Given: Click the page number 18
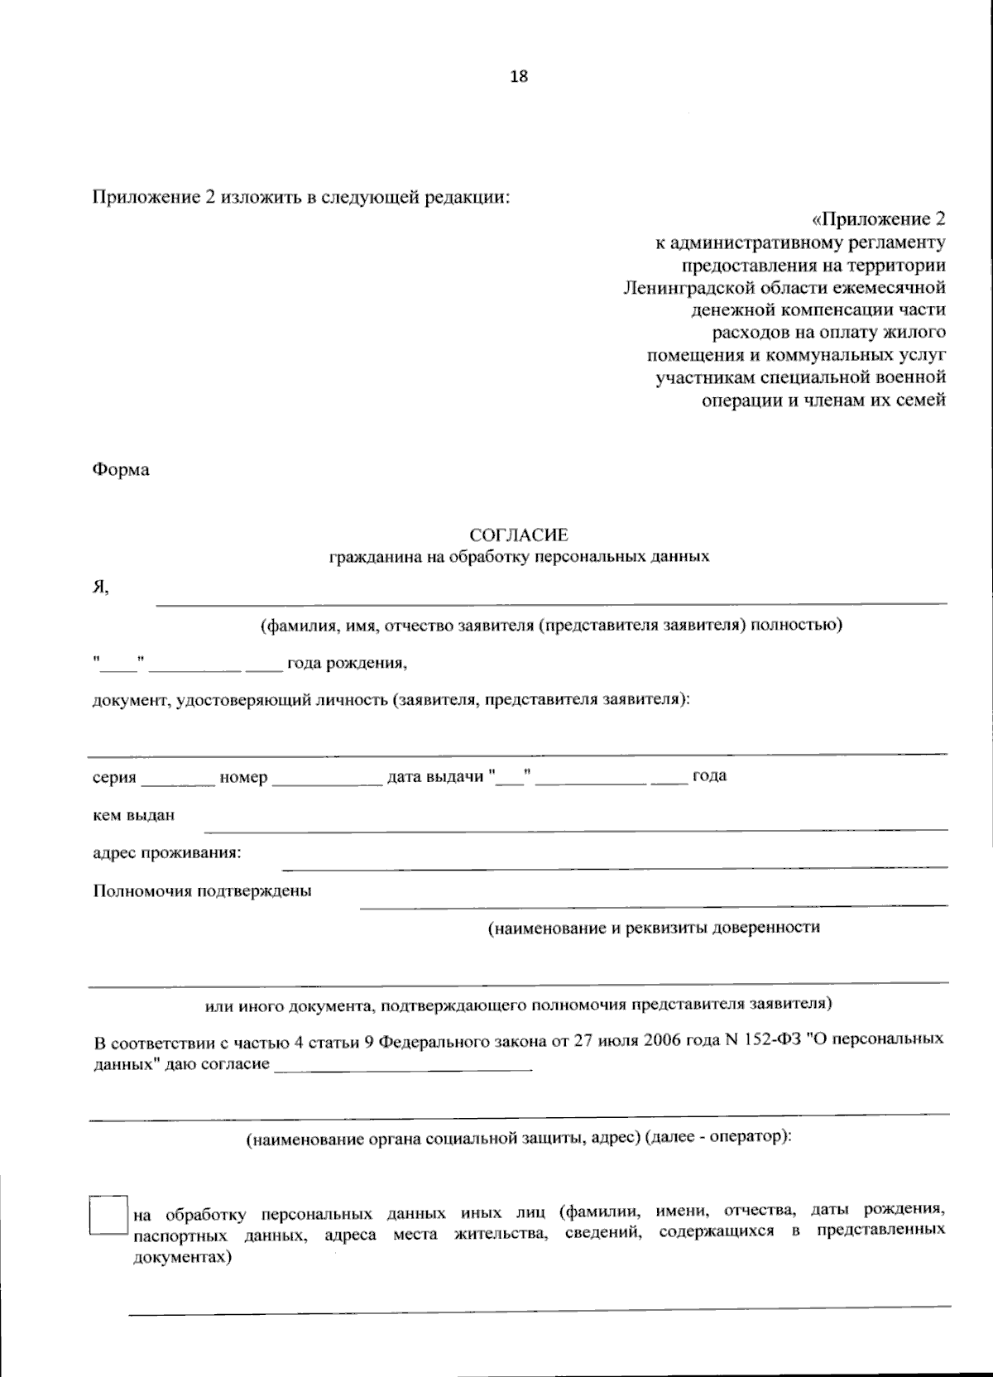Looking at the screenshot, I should [x=519, y=77].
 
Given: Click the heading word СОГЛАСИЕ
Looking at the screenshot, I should [x=519, y=535].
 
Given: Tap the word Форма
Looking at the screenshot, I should [x=121, y=470].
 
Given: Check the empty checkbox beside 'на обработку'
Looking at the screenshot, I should [x=108, y=1215].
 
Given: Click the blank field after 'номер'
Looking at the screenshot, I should [x=327, y=778].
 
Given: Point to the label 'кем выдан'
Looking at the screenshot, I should [x=133, y=815].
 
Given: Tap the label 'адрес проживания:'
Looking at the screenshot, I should [x=166, y=852].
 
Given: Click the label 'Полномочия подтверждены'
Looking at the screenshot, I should [x=202, y=891].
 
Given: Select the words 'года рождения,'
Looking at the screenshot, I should [x=347, y=664].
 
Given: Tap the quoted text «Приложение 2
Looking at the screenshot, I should [x=878, y=219].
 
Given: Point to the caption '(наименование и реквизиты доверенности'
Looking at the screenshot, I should [x=654, y=928].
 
